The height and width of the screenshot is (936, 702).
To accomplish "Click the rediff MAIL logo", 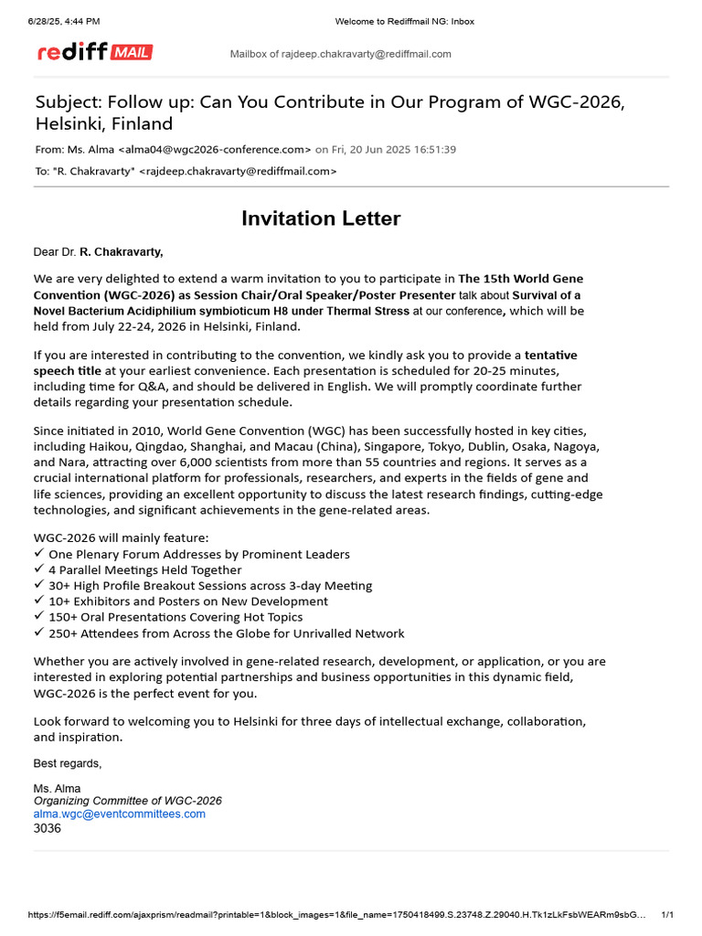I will (95, 52).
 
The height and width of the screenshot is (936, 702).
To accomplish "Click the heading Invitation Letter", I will (321, 218).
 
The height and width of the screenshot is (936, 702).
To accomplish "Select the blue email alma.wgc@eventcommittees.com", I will (120, 814).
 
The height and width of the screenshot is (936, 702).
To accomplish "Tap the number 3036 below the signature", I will (48, 828).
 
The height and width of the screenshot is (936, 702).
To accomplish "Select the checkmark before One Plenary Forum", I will (38, 554).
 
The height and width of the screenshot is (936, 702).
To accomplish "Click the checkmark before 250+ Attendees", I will (38, 633).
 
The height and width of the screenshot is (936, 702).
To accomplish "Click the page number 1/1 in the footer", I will (667, 915).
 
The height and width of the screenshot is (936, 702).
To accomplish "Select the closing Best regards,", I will (68, 763).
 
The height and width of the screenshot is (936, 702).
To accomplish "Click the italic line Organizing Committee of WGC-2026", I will (127, 801).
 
